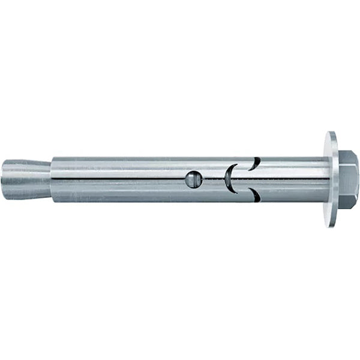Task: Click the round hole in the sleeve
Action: click(x=191, y=179)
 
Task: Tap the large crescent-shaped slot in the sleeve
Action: click(x=229, y=179)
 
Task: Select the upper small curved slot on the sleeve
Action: click(x=256, y=163)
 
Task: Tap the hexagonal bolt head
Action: click(x=348, y=179)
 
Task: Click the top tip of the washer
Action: click(x=331, y=133)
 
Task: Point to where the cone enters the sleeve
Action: click(x=53, y=178)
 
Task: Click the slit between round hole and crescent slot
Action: click(x=210, y=178)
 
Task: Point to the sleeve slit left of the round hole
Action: click(x=120, y=178)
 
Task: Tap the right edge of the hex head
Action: click(x=358, y=179)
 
